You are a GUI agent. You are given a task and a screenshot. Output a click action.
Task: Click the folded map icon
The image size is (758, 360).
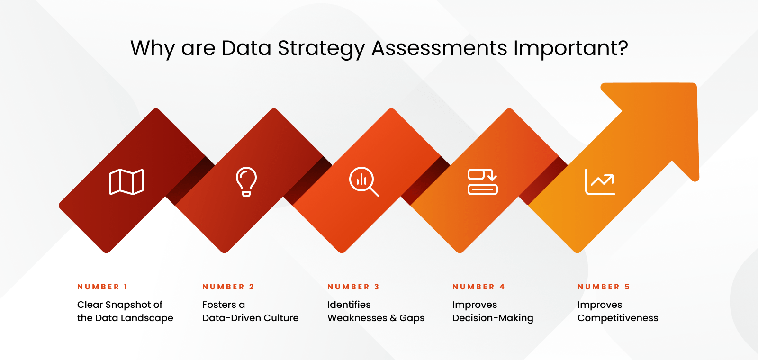[126, 182]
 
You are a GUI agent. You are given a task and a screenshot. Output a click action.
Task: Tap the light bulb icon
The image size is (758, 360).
[246, 182]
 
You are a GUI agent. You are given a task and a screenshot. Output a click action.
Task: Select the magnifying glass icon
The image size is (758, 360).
[364, 182]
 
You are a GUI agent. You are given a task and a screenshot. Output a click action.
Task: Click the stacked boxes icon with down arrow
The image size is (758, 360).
[482, 182]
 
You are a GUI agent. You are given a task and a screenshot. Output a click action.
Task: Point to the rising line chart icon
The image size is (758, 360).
[600, 182]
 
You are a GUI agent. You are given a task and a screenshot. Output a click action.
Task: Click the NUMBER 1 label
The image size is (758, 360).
[103, 287]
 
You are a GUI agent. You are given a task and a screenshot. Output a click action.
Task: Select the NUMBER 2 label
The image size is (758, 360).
[228, 287]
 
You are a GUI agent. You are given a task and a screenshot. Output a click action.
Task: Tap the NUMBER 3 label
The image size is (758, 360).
[353, 287]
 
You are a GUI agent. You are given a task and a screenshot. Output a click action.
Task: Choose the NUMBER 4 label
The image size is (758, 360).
[478, 287]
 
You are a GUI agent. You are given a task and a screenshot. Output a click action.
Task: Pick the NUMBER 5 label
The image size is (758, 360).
[604, 287]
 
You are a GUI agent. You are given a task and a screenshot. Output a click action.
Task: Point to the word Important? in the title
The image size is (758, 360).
[570, 48]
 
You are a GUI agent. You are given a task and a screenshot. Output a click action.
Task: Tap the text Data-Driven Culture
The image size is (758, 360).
[250, 318]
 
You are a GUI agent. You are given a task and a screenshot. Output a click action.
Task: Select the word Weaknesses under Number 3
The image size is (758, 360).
[357, 318]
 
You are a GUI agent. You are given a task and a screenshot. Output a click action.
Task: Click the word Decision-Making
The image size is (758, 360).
[493, 318]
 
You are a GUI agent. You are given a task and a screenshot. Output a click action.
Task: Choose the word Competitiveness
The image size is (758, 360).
[618, 318]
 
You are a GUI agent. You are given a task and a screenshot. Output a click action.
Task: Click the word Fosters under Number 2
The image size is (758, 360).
[219, 305]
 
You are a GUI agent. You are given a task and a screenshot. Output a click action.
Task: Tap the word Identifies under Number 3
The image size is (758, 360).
[349, 305]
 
